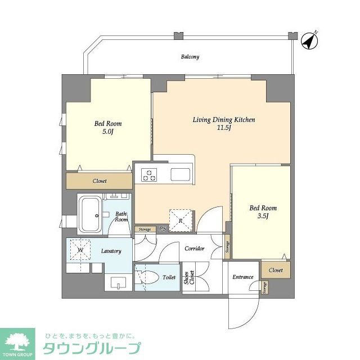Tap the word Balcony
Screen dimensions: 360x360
tap(190, 57)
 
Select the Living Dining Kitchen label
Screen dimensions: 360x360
tap(224, 120)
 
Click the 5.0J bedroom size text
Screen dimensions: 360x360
tap(107, 132)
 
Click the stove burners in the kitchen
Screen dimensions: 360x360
tap(148, 175)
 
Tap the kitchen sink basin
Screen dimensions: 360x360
tap(181, 175)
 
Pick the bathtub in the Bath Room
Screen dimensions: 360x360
tap(89, 214)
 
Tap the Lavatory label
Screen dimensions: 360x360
tap(111, 251)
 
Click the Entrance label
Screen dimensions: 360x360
tap(242, 277)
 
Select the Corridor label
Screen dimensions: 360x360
tap(194, 248)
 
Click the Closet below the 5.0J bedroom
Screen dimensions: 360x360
tap(100, 181)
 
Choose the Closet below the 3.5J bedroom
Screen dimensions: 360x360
tap(276, 270)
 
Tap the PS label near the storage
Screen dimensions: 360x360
tap(162, 229)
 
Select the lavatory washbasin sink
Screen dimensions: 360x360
tap(119, 281)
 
